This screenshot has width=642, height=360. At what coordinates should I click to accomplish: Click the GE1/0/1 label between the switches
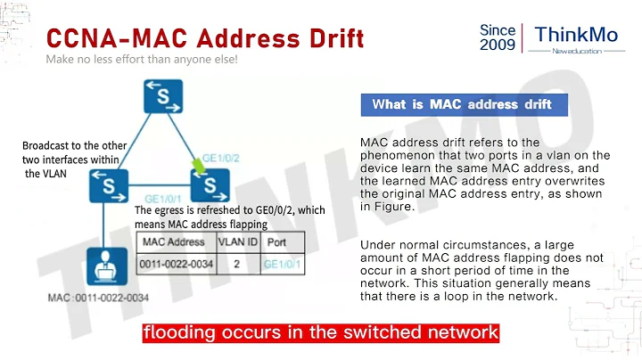click(163, 198)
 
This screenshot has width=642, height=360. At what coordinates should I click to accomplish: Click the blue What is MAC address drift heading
click(462, 104)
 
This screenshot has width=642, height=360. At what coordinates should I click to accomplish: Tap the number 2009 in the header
click(498, 47)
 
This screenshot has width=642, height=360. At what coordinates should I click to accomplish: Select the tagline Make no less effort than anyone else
click(142, 61)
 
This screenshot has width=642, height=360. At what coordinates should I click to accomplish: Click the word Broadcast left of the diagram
click(49, 143)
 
